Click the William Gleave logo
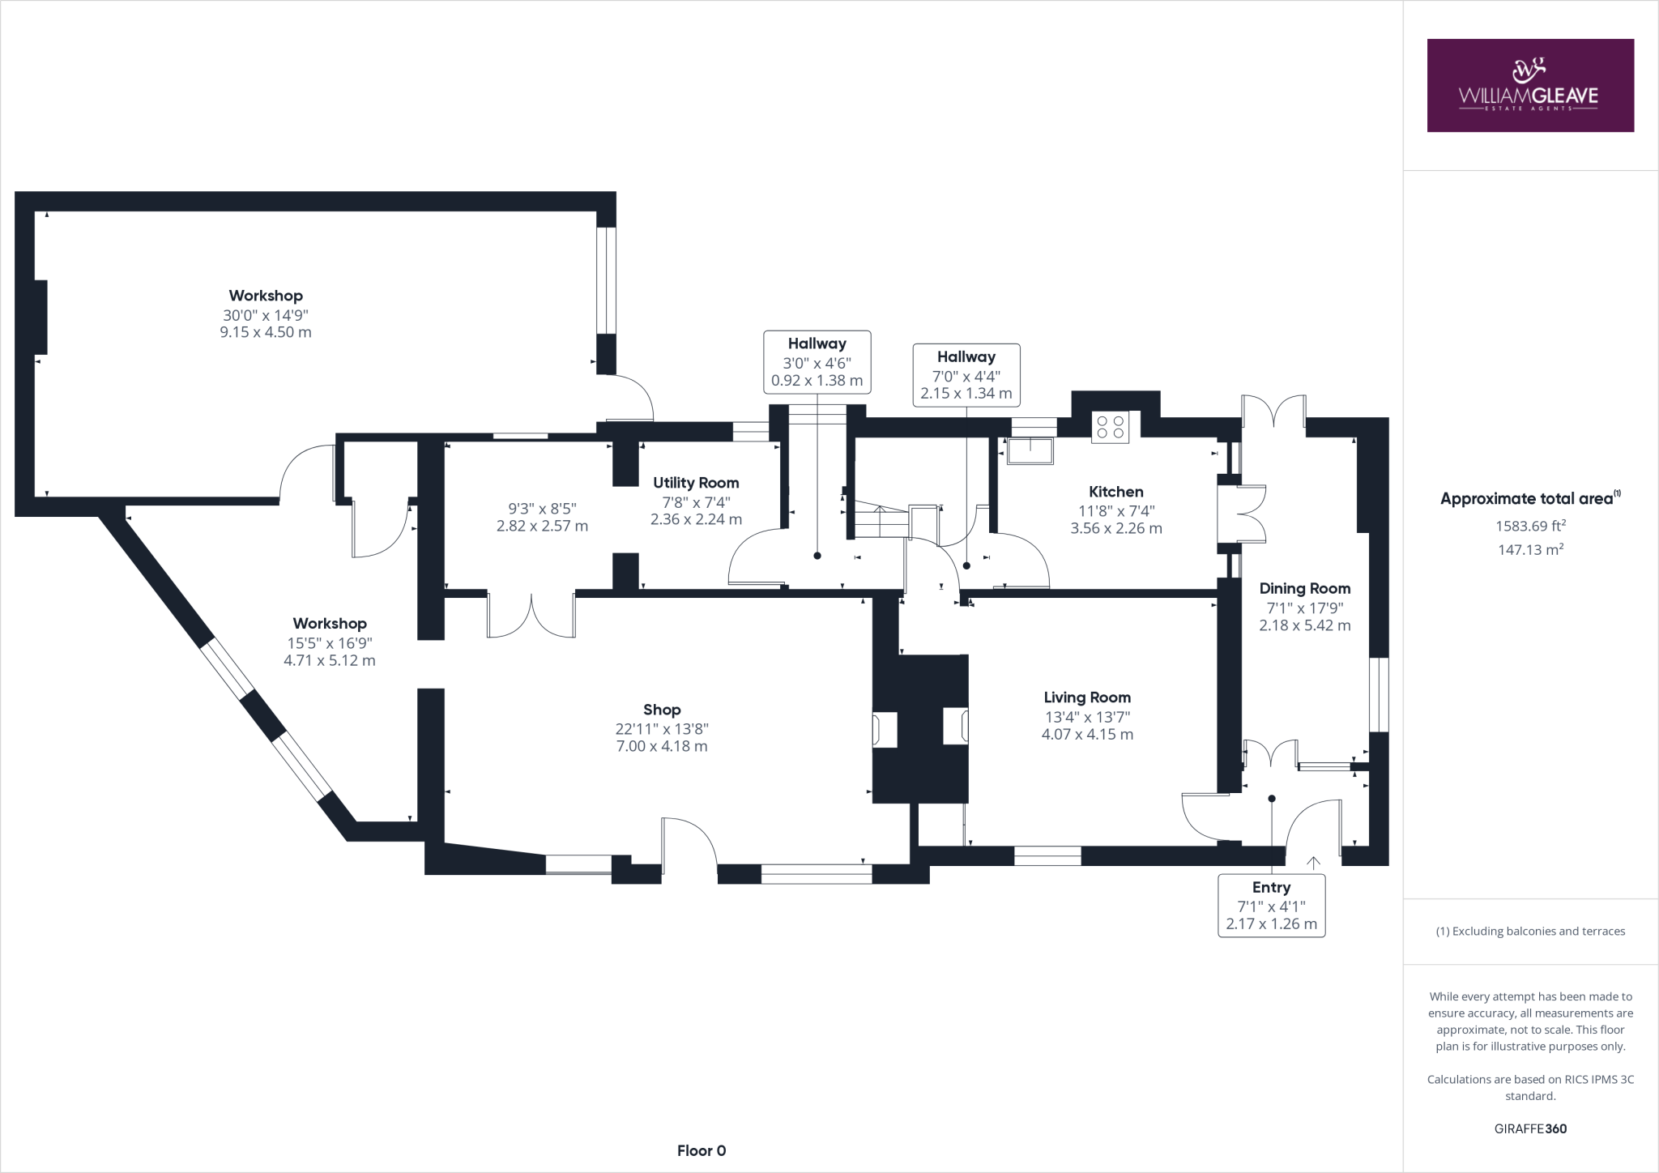[1529, 85]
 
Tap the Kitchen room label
[1115, 492]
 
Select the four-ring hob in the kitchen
[1110, 426]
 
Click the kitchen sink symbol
[1030, 450]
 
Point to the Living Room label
[1086, 697]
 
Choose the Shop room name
[662, 710]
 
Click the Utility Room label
[696, 483]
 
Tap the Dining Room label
[1304, 589]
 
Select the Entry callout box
[1271, 906]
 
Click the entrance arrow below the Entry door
[1312, 863]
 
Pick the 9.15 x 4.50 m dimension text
[266, 332]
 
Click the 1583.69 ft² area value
[1529, 526]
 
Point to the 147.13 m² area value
[1529, 549]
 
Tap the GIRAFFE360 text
[1530, 1128]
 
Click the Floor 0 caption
[702, 1150]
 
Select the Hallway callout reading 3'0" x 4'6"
[817, 362]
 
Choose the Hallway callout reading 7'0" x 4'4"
[966, 375]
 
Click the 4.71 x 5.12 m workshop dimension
[330, 660]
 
